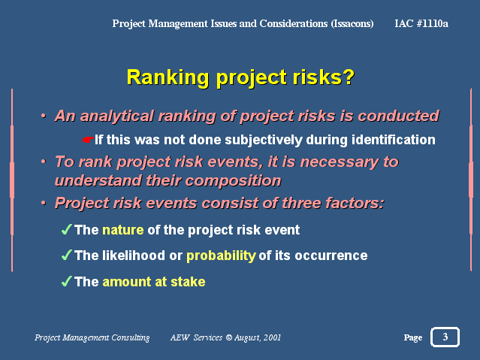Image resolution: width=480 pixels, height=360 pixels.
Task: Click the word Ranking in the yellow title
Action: [x=168, y=77]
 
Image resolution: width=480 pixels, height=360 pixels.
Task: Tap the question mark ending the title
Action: [x=349, y=77]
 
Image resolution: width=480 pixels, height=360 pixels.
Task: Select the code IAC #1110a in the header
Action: [x=421, y=23]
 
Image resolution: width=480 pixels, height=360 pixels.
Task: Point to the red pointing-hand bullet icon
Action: [x=87, y=140]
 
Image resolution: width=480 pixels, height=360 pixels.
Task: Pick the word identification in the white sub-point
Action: [x=394, y=140]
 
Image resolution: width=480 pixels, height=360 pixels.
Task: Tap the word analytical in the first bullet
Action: [x=116, y=116]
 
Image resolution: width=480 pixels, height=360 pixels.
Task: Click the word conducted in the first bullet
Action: [x=399, y=116]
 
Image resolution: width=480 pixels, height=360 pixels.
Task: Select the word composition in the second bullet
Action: [x=234, y=180]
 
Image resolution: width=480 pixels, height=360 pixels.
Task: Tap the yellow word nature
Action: [x=123, y=230]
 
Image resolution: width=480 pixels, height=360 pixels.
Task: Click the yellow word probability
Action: [x=221, y=256]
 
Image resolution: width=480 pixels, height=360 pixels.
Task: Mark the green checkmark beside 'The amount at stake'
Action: [x=67, y=281]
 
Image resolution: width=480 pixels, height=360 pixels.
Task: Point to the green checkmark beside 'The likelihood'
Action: [x=67, y=255]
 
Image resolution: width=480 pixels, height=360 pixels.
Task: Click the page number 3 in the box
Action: [x=445, y=337]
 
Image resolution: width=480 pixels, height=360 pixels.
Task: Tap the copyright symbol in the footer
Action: [x=228, y=337]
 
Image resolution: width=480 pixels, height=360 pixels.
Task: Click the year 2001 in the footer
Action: [x=272, y=337]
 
